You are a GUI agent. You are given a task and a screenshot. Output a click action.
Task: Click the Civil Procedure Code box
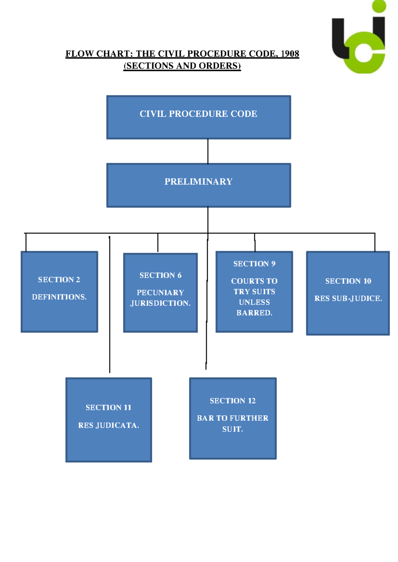click(198, 117)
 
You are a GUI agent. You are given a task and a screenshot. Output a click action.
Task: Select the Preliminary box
click(198, 185)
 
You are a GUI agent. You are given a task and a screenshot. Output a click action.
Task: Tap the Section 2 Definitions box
click(59, 292)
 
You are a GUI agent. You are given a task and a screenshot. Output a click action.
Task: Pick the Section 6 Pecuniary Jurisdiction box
click(160, 293)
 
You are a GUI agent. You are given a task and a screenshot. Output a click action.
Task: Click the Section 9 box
click(254, 292)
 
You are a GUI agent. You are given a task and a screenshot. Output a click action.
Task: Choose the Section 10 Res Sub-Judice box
click(348, 293)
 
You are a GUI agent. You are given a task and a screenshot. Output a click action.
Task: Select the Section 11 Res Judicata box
click(108, 420)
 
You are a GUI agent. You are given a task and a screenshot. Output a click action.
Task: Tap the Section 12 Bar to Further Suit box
click(232, 418)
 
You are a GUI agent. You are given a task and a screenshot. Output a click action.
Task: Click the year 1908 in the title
click(290, 54)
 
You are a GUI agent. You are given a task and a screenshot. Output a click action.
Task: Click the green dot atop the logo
click(379, 6)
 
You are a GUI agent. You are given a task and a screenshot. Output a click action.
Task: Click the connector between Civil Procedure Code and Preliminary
click(208, 151)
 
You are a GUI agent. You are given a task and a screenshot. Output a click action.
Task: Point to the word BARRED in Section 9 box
click(254, 313)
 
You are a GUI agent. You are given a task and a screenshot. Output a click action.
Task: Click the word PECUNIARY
click(160, 293)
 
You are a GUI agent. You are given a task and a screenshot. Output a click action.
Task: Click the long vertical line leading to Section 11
click(109, 305)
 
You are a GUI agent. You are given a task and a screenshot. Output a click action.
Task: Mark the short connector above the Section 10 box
click(375, 242)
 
